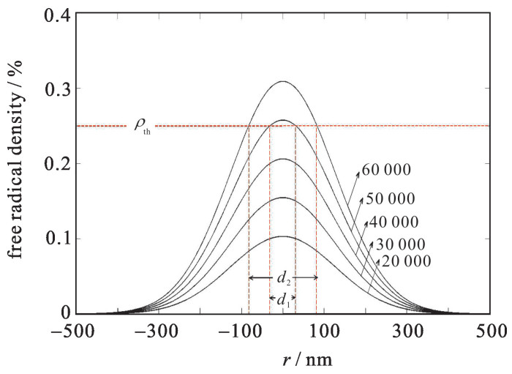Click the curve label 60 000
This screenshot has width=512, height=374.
coord(386,170)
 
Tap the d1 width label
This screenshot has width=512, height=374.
coord(282,298)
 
